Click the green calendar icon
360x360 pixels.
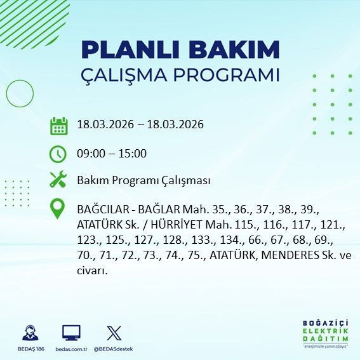[x=58, y=125]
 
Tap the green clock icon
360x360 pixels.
[x=58, y=153]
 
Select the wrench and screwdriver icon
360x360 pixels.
[x=58, y=180]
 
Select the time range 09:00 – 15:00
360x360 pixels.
[x=111, y=153]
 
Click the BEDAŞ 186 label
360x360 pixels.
[x=29, y=349]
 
